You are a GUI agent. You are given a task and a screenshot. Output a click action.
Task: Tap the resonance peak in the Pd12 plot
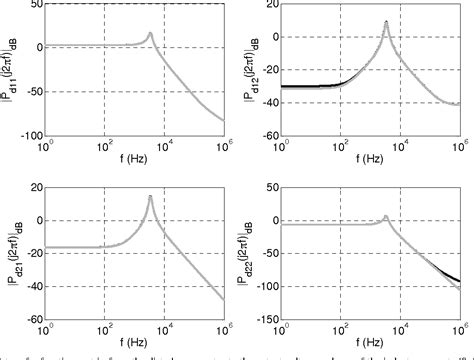click(386, 21)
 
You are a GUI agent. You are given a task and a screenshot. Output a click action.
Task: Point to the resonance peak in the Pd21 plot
click(150, 196)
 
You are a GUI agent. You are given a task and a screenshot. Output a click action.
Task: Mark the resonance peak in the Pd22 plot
click(386, 216)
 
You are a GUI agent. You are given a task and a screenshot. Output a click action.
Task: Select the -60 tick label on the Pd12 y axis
click(267, 135)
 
